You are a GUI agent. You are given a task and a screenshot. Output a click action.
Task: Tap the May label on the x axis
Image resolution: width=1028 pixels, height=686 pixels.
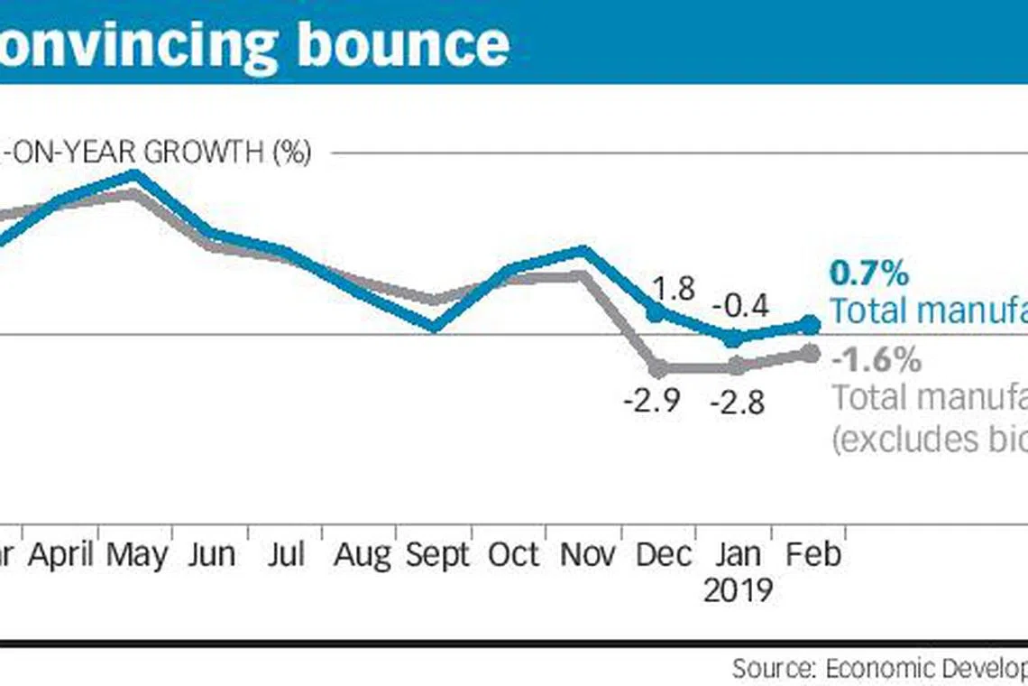(x=137, y=554)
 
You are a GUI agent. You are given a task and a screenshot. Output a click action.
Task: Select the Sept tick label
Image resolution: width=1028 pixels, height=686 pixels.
(x=437, y=555)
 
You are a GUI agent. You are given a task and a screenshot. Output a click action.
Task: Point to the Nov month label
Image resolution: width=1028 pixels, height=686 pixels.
(x=587, y=554)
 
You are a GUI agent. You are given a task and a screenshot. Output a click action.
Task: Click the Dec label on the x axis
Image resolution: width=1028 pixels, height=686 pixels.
(x=664, y=554)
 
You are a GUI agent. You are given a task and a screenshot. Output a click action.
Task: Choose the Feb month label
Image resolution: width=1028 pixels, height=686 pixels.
(x=813, y=554)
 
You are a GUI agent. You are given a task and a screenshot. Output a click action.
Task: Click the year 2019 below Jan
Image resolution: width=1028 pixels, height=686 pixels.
(x=738, y=591)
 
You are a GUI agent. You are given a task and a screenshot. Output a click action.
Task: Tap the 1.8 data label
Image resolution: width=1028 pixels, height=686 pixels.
(x=673, y=288)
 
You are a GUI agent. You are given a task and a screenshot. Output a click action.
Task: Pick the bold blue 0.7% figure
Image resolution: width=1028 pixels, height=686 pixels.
(x=868, y=273)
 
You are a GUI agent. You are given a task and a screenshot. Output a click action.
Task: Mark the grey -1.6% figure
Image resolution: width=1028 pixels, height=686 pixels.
(x=876, y=360)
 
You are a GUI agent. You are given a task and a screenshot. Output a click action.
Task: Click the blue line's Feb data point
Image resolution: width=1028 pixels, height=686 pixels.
(x=811, y=324)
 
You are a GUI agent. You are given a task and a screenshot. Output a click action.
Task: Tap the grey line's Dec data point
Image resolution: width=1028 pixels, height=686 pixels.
(x=658, y=368)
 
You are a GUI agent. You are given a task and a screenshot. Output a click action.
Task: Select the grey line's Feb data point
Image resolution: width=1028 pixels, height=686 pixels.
(x=811, y=354)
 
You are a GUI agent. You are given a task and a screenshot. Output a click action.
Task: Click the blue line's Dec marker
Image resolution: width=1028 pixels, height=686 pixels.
(x=656, y=312)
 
